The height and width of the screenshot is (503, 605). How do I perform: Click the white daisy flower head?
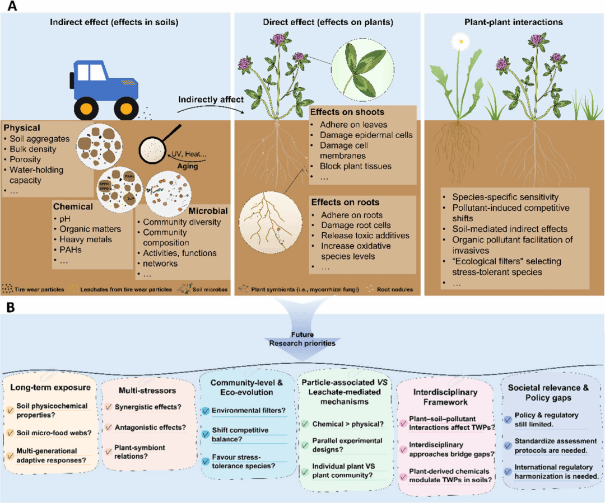[x=460, y=40]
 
